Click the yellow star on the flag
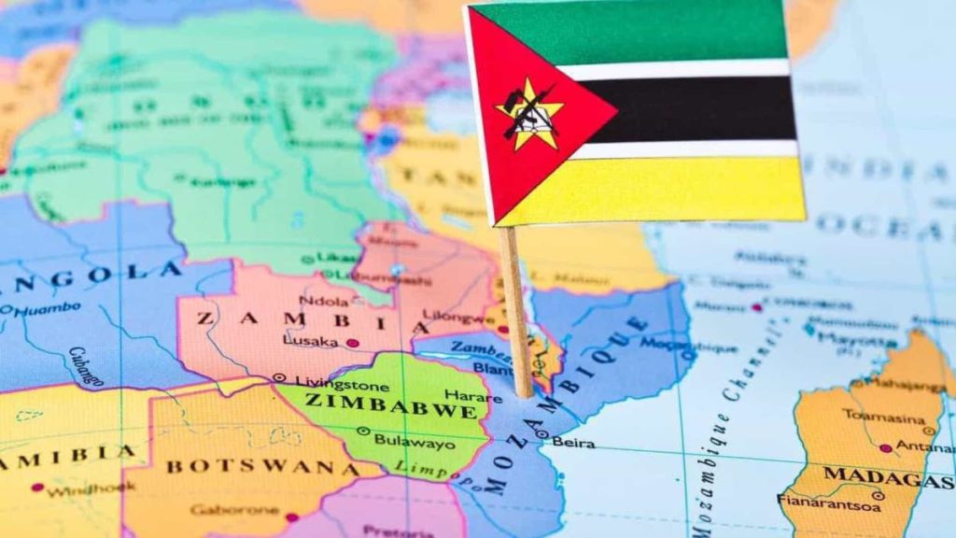529,114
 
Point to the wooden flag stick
516,308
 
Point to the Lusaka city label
310,342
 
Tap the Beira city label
572,442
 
